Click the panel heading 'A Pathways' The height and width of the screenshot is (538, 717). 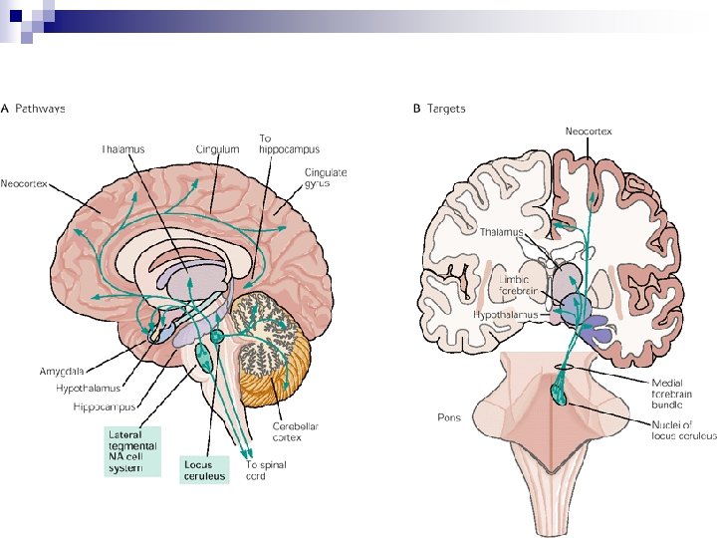[x=33, y=108]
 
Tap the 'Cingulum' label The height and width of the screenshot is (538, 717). [x=217, y=149]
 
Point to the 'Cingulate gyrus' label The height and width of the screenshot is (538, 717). [x=326, y=178]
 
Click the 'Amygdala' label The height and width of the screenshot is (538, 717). [x=62, y=371]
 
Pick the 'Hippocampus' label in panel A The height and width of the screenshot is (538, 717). [x=104, y=406]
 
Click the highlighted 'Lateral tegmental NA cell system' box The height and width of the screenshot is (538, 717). [x=132, y=451]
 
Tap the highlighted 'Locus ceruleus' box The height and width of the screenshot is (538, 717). [x=204, y=469]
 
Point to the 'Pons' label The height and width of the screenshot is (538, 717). [x=449, y=417]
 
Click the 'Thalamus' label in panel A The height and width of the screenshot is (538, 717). [x=122, y=149]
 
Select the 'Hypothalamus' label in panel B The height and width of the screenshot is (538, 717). [x=505, y=314]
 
